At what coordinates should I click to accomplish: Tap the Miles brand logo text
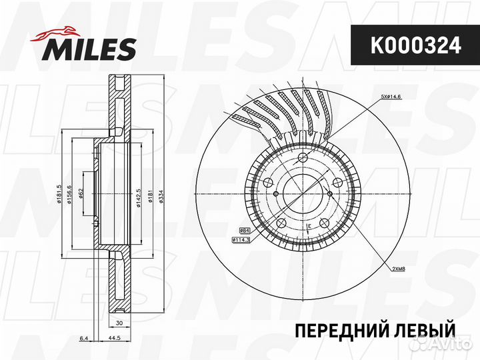pyautogui.click(x=90, y=49)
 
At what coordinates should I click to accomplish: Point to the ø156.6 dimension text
pyautogui.click(x=69, y=197)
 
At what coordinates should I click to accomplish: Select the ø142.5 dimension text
pyautogui.click(x=138, y=198)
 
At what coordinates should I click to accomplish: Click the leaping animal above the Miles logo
pyautogui.click(x=60, y=31)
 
